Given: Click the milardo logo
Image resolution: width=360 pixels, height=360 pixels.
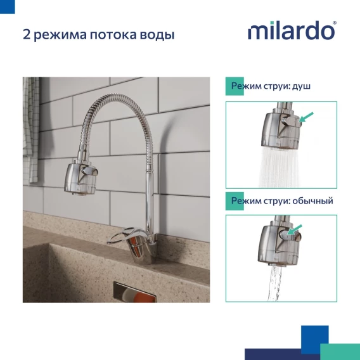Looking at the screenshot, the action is tap(291, 30).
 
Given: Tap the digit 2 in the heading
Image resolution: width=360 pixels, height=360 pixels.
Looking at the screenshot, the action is tap(27, 34).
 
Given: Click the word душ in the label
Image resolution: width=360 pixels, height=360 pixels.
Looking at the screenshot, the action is tap(301, 86).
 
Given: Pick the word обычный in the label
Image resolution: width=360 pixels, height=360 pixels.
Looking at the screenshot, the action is tap(312, 201).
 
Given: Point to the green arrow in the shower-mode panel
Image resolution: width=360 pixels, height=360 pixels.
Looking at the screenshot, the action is tap(307, 117).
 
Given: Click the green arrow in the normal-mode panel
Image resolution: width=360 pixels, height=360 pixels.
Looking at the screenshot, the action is tap(295, 229).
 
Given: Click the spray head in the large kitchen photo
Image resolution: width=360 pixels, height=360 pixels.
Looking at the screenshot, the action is tap(80, 177).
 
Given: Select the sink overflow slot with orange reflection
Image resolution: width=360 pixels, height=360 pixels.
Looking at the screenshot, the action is tap(135, 292).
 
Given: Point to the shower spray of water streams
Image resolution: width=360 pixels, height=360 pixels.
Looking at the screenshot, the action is tap(280, 167).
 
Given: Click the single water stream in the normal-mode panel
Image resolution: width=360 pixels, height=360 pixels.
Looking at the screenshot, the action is tap(275, 284).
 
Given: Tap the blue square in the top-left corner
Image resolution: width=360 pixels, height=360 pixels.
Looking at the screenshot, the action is tap(8, 7).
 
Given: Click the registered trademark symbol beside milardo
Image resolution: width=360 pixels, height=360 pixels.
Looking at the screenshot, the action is tap(335, 23).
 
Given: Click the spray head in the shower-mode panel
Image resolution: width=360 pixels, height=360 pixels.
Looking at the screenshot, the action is tap(281, 129).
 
